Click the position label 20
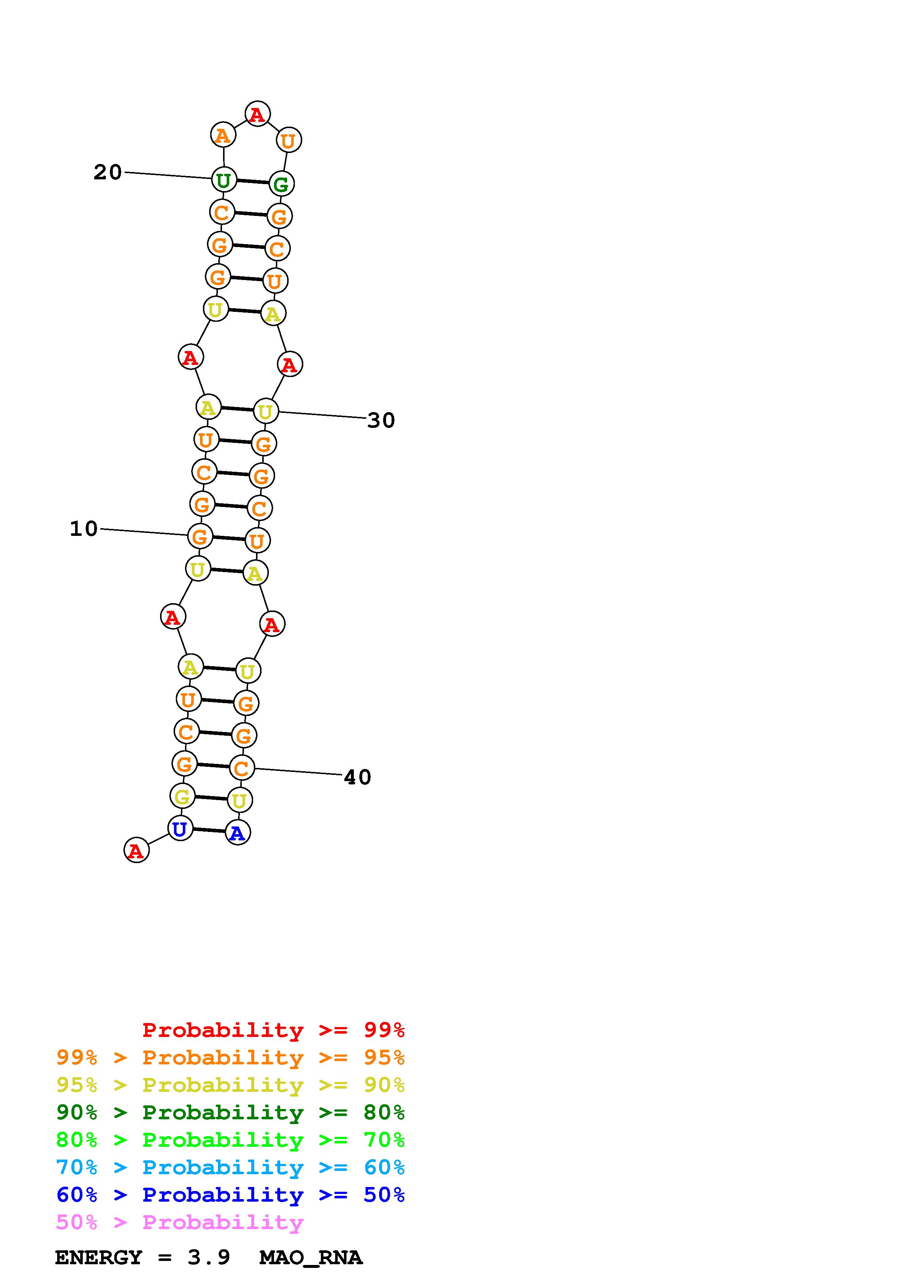107,172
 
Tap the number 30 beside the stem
381,420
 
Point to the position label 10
84,529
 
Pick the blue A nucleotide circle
238,833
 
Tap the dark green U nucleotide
224,180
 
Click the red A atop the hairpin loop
257,115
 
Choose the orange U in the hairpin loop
289,140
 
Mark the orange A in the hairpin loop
223,135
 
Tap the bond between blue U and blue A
209,831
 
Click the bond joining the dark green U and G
252,182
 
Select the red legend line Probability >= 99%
273,1030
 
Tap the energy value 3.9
209,1258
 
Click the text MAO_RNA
311,1258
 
